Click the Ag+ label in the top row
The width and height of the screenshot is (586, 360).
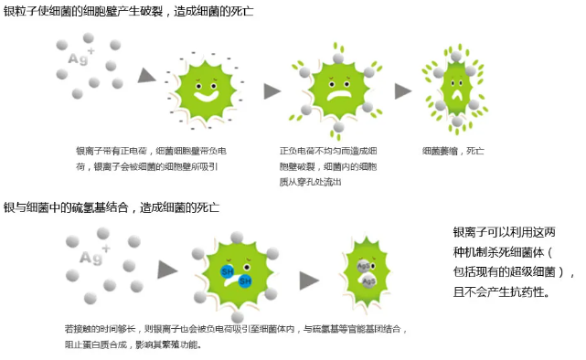click(80, 57)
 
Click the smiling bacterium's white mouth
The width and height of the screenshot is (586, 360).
click(206, 96)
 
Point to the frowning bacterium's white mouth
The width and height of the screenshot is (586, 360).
click(339, 96)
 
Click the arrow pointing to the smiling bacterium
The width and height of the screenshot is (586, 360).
click(146, 76)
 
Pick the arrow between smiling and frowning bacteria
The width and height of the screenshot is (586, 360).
click(272, 91)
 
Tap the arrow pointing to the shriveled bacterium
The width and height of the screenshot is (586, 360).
click(403, 91)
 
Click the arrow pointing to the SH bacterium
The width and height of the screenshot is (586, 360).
click(167, 270)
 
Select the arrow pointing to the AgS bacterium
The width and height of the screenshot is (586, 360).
click(309, 281)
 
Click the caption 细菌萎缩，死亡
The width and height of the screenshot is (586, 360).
click(453, 152)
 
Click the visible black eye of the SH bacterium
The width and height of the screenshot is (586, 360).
click(247, 267)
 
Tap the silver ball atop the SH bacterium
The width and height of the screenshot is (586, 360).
click(237, 238)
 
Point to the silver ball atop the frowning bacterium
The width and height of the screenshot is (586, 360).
click(338, 58)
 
